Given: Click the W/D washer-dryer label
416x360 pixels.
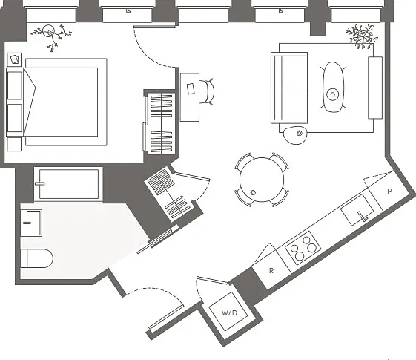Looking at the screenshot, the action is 229,312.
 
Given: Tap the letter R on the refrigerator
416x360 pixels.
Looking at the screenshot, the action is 271,271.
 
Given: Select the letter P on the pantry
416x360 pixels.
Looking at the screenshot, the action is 389,192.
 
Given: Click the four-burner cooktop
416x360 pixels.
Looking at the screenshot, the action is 303,248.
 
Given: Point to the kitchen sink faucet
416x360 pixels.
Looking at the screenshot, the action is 363,216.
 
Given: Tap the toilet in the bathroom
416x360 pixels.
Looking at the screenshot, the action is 37,258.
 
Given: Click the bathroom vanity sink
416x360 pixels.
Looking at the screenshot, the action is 31,223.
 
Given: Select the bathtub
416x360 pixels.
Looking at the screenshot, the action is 68,184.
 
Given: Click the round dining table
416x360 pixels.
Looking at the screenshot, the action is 262,180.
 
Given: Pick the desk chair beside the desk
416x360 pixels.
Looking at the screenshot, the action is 206,91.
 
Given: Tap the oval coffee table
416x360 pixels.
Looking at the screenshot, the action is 333,87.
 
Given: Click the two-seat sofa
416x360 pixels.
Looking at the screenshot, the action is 289,88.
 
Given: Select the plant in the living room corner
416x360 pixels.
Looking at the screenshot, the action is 361,36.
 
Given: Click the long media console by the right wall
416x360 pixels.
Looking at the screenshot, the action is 375,88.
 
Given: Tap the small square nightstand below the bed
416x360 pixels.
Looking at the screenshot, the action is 14,145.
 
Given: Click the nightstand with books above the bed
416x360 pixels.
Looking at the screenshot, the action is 14,59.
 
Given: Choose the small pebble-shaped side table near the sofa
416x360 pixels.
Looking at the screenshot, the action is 295,135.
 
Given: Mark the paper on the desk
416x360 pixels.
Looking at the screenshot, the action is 191,88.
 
